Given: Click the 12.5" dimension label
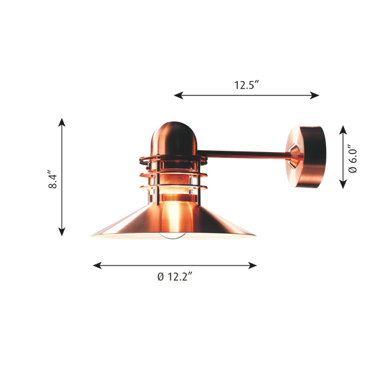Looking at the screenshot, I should pos(246,86).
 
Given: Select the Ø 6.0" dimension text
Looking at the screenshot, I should pos(353,158).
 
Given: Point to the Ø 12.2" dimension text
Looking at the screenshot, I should pos(175,277).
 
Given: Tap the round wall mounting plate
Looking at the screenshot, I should pos(307,157).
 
